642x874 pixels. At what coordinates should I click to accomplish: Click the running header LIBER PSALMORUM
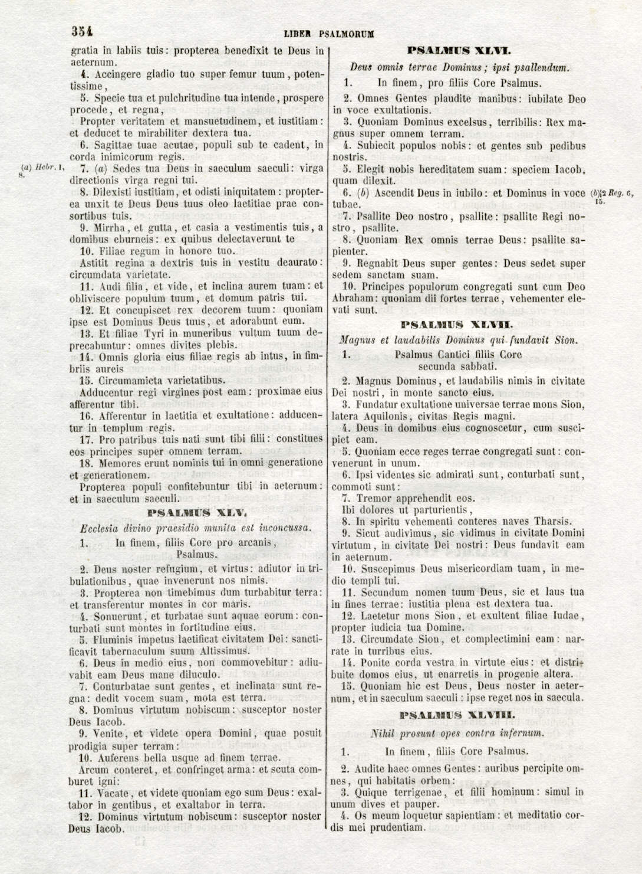point(328,34)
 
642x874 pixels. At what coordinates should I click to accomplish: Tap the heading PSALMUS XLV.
point(196,513)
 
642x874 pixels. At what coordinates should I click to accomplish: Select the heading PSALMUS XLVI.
point(459,51)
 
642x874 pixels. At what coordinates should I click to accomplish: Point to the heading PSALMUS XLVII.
point(457,324)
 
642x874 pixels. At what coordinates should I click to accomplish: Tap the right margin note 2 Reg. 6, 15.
point(613,196)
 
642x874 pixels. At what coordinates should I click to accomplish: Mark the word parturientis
point(443,509)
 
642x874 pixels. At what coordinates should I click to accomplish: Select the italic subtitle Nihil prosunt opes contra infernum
point(456,734)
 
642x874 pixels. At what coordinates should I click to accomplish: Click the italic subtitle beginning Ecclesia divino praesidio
point(196,528)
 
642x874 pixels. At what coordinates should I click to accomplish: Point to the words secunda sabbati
point(457,366)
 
